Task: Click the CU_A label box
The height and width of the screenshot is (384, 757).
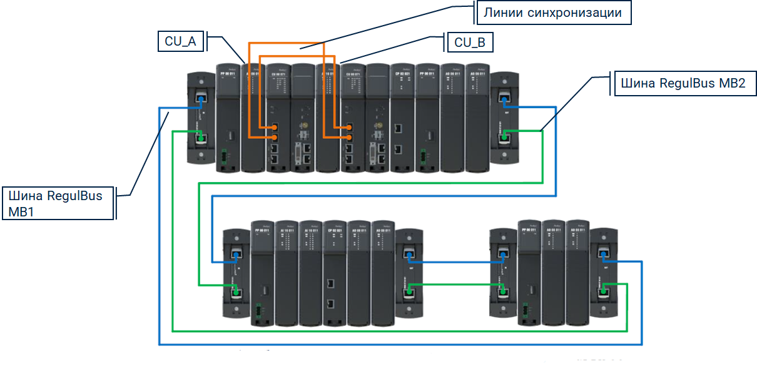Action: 180,42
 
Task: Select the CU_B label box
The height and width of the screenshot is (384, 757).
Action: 470,43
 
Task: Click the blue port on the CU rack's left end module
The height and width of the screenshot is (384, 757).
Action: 201,99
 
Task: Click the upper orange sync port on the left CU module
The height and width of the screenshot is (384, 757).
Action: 275,127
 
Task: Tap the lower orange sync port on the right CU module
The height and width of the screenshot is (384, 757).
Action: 349,136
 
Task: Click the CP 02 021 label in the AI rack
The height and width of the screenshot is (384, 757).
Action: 333,231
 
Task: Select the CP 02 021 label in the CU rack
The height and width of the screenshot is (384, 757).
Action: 402,74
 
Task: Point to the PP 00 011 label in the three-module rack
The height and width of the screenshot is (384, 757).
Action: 530,231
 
